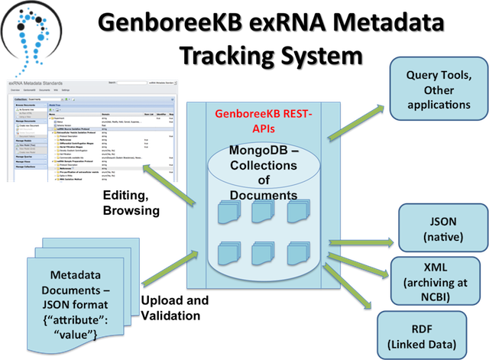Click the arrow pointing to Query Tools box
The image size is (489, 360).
[x=355, y=122]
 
